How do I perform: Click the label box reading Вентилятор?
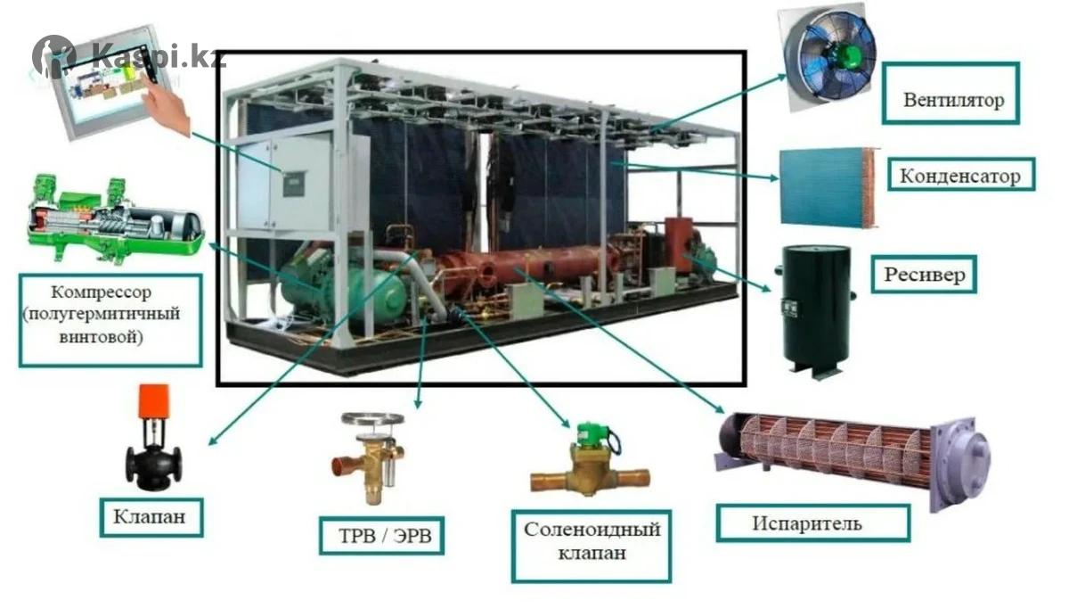tap(951, 94)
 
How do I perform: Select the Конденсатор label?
tap(960, 175)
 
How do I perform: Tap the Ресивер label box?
tap(924, 274)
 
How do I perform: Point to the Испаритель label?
tap(812, 523)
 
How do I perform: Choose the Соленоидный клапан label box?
tap(592, 546)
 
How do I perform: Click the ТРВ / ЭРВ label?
tap(382, 536)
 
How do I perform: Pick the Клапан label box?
tap(151, 517)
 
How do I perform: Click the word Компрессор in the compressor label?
tap(102, 292)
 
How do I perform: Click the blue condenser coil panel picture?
tap(828, 186)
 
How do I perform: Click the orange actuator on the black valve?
tap(153, 400)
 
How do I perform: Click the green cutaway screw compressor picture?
tap(116, 218)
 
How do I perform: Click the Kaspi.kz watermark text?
tap(158, 56)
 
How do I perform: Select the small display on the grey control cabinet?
tap(293, 185)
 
